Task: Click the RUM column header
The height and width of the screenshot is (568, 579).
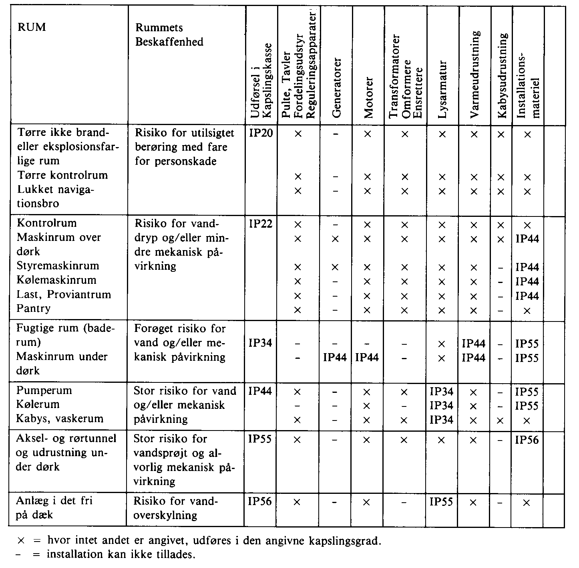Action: pyautogui.click(x=31, y=27)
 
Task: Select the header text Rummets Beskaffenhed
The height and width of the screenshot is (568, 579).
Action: pyautogui.click(x=169, y=34)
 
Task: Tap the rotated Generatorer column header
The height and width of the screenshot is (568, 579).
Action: pyautogui.click(x=336, y=87)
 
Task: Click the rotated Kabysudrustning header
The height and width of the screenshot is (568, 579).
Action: pyautogui.click(x=503, y=75)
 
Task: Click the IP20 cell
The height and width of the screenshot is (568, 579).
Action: pyautogui.click(x=261, y=133)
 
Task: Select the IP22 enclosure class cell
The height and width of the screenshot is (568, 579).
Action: pyautogui.click(x=261, y=224)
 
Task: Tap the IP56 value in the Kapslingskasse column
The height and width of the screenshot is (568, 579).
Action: pyautogui.click(x=260, y=501)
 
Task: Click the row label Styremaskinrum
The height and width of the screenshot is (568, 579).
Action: pyautogui.click(x=58, y=266)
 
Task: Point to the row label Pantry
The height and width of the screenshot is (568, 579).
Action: pyautogui.click(x=34, y=309)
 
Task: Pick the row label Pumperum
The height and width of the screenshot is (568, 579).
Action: pyautogui.click(x=44, y=390)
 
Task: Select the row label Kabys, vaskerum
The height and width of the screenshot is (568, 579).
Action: pyautogui.click(x=59, y=418)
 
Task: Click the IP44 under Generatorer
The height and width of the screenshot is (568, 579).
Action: pyautogui.click(x=335, y=357)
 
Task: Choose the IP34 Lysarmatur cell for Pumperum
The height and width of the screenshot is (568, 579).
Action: pyautogui.click(x=442, y=391)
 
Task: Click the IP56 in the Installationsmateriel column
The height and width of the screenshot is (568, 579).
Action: pyautogui.click(x=527, y=440)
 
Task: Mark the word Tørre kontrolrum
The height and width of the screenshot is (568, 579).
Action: pyautogui.click(x=62, y=175)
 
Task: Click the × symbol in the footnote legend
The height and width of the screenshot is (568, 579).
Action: pyautogui.click(x=21, y=541)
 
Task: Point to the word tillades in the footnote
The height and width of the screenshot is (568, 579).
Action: pyautogui.click(x=178, y=555)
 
